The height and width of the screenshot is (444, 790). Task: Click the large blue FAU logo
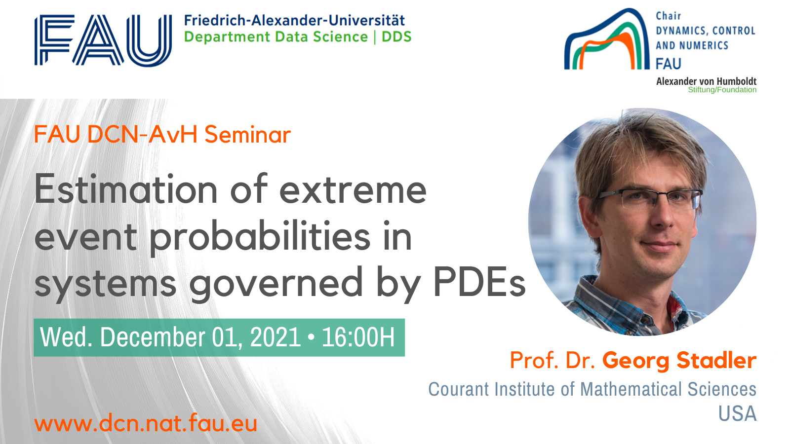click(103, 40)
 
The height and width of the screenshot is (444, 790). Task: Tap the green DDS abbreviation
click(397, 37)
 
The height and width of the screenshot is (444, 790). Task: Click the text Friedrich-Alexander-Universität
click(294, 20)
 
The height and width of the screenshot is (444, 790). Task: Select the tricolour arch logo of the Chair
click(607, 39)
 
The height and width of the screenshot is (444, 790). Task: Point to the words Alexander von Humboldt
click(706, 81)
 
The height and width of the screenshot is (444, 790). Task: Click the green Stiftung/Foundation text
click(722, 90)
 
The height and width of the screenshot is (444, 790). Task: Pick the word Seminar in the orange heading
click(247, 135)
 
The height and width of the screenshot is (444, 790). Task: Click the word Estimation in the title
click(126, 189)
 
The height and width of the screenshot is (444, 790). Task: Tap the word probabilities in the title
click(260, 236)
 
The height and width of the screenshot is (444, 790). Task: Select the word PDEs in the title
click(479, 282)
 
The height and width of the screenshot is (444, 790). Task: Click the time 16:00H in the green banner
click(358, 337)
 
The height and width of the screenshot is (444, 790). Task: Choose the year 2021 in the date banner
click(276, 337)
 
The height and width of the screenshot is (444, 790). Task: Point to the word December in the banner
click(153, 337)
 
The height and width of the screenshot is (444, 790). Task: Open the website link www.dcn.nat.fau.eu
click(146, 423)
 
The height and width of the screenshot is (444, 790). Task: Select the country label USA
click(738, 413)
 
